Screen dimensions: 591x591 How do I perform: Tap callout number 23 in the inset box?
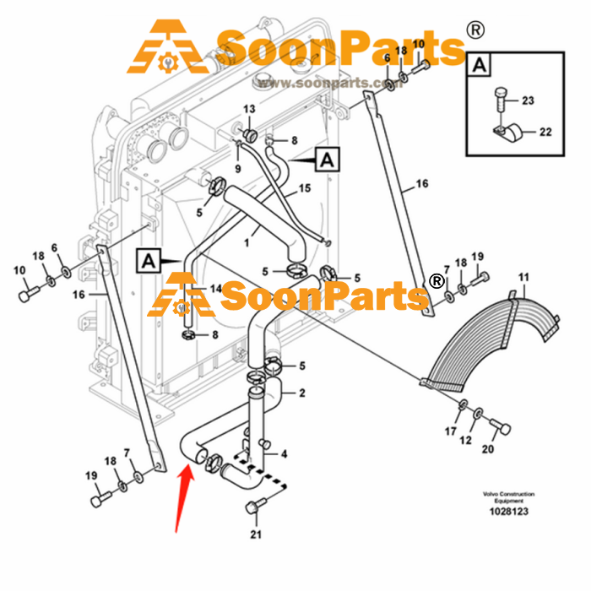click(x=528, y=100)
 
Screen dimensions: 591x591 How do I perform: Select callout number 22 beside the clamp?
click(x=545, y=132)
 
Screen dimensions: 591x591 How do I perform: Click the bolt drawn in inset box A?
click(x=500, y=99)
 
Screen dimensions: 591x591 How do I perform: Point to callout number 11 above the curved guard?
click(x=523, y=278)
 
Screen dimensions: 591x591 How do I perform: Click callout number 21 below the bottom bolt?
click(x=256, y=534)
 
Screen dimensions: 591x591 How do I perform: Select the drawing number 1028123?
click(x=509, y=512)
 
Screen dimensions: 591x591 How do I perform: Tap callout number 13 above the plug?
click(x=249, y=109)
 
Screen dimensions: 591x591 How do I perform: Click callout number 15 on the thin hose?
click(x=305, y=188)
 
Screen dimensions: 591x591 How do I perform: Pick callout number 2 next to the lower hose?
click(x=302, y=393)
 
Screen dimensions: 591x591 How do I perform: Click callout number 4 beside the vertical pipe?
click(x=285, y=454)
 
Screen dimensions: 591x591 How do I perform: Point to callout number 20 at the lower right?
click(x=488, y=449)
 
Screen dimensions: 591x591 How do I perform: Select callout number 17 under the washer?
click(x=450, y=431)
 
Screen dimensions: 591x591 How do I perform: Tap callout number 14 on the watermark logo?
click(x=215, y=289)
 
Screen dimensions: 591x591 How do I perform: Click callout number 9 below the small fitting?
click(x=238, y=169)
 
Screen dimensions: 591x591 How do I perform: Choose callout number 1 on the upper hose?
click(x=247, y=243)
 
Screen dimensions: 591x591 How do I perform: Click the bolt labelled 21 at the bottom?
click(x=256, y=505)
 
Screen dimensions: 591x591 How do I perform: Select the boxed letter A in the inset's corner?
click(x=479, y=65)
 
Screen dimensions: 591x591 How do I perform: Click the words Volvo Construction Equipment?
click(x=509, y=497)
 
